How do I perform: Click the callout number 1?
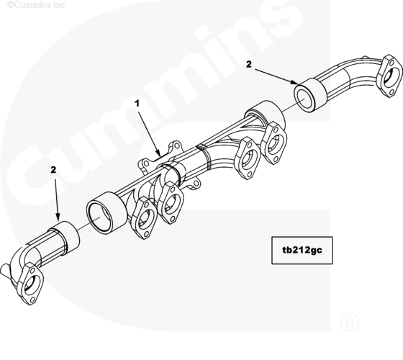[137, 104]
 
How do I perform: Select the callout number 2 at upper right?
[249, 64]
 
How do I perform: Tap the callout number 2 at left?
[53, 170]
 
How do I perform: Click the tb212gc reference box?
[302, 251]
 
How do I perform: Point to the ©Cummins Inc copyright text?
[36, 4]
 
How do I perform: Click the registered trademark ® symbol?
[350, 321]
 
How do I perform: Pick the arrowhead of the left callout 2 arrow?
[58, 217]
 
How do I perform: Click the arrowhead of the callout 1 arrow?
[158, 153]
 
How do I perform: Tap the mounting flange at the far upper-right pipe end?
[389, 76]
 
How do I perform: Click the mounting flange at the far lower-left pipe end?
[31, 284]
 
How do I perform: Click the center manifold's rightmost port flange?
[273, 143]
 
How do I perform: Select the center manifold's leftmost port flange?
[143, 218]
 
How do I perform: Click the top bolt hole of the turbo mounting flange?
[176, 145]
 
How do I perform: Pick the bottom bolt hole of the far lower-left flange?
[32, 300]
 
